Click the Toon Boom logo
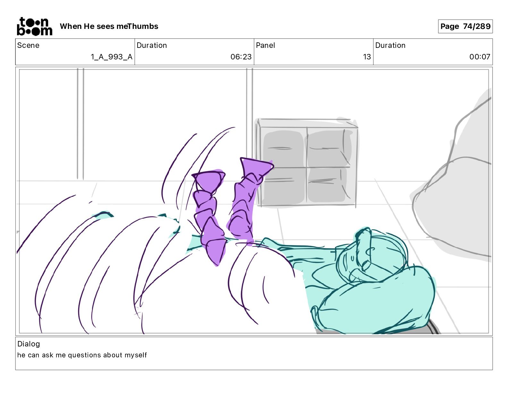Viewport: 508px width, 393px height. pos(35,26)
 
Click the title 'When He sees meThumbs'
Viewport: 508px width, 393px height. pos(109,26)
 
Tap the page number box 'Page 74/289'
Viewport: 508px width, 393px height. pos(465,26)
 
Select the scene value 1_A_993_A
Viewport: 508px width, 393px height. pos(112,57)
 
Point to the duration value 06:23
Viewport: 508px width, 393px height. pos(241,57)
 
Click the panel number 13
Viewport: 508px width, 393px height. pos(367,57)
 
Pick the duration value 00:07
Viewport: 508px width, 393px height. pos(480,57)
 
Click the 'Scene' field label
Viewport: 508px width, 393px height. pos(28,45)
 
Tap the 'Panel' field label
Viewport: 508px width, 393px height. pos(265,45)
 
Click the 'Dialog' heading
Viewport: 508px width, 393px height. pos(29,344)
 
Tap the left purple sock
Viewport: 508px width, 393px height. pos(209,218)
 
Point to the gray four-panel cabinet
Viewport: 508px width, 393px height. pos(307,163)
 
